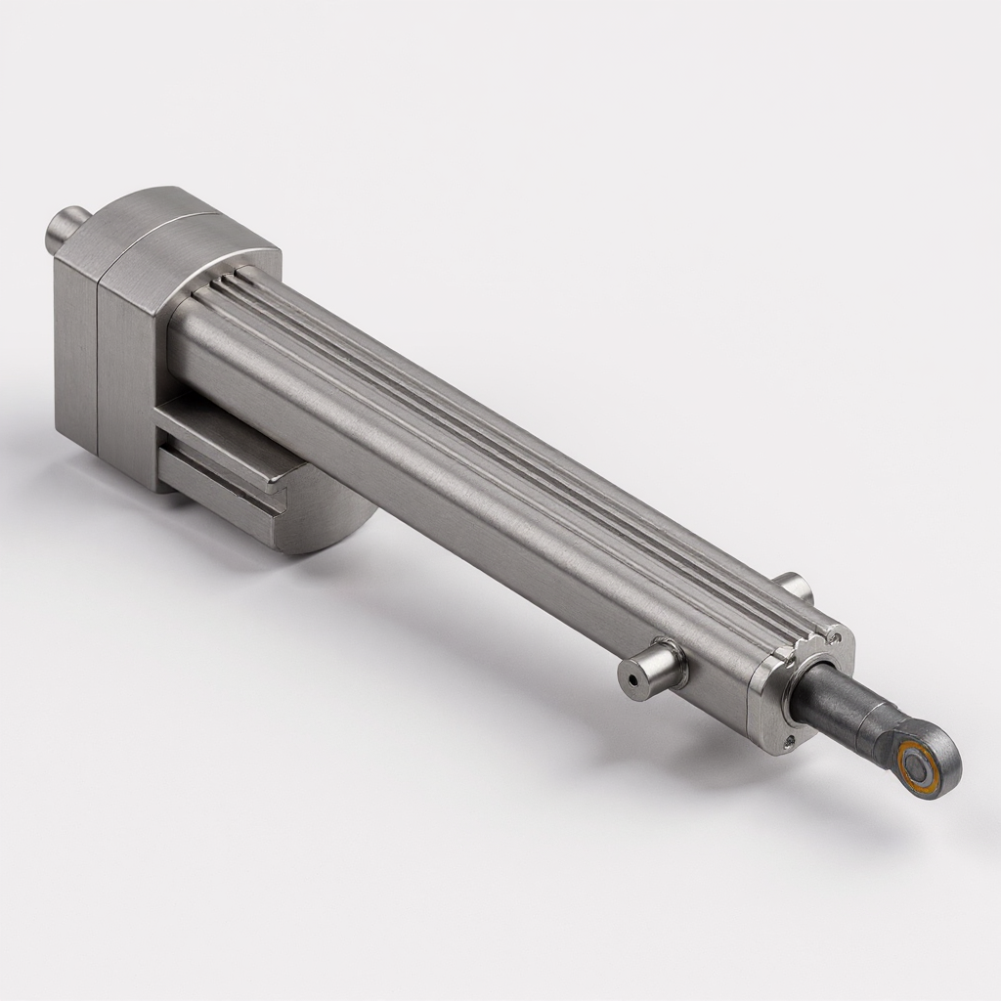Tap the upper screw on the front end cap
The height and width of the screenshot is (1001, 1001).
(833, 636)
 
